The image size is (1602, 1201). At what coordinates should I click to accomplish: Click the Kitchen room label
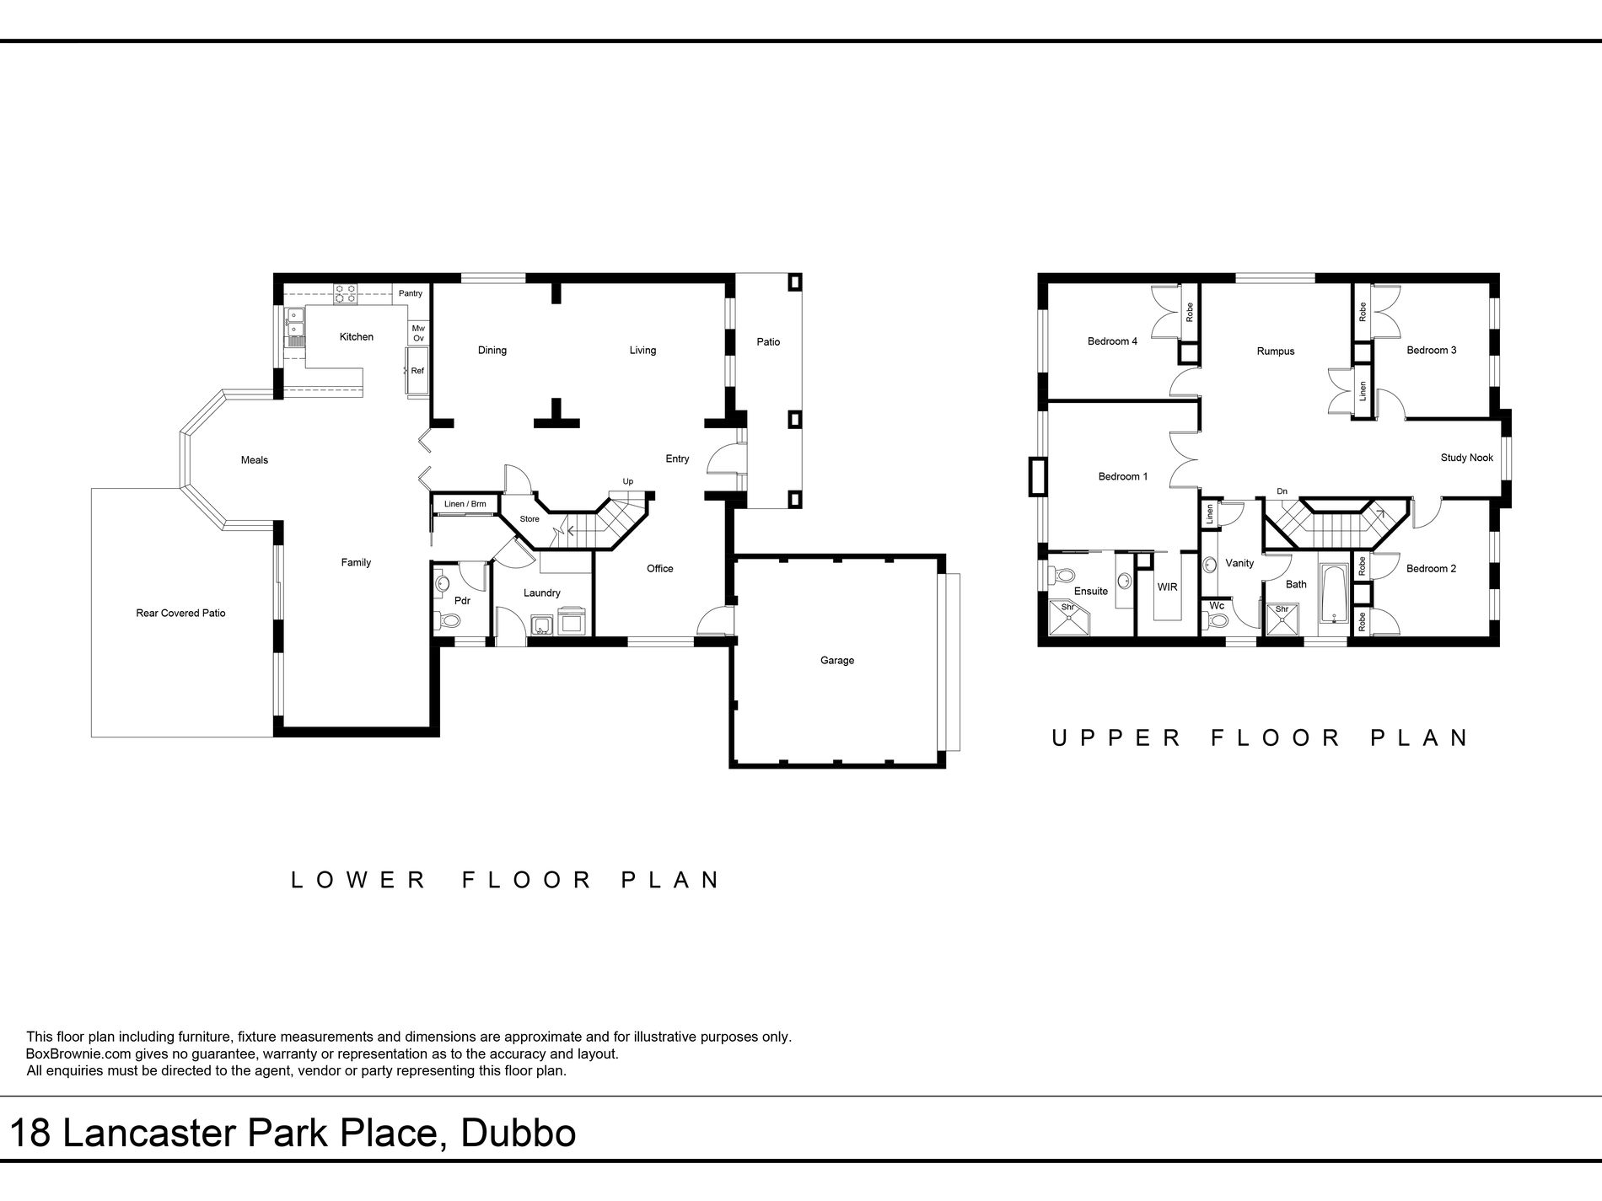point(356,337)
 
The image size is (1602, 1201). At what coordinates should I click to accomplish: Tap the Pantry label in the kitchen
point(411,293)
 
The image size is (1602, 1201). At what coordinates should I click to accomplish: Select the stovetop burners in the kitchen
point(345,293)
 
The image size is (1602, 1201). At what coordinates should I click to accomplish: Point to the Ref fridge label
point(417,371)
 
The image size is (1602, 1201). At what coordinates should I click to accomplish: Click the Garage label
point(837,661)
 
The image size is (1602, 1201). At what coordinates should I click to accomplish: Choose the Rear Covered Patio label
point(180,614)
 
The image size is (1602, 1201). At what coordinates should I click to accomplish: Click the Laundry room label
point(541,593)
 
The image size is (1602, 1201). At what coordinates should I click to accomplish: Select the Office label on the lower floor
point(660,569)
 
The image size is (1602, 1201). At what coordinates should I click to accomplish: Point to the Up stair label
point(627,482)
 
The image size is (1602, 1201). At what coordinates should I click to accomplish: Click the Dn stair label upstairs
point(1282,491)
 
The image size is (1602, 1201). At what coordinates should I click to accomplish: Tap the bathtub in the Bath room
point(1333,594)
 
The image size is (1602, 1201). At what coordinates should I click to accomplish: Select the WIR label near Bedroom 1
point(1167,587)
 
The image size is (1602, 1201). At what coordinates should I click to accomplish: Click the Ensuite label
point(1090,592)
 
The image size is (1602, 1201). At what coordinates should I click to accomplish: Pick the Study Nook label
point(1467,458)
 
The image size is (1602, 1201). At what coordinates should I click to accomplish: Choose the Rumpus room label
point(1275,351)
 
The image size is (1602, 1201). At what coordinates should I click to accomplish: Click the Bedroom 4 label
point(1112,342)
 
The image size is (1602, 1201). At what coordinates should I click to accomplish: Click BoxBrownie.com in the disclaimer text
point(76,1054)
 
